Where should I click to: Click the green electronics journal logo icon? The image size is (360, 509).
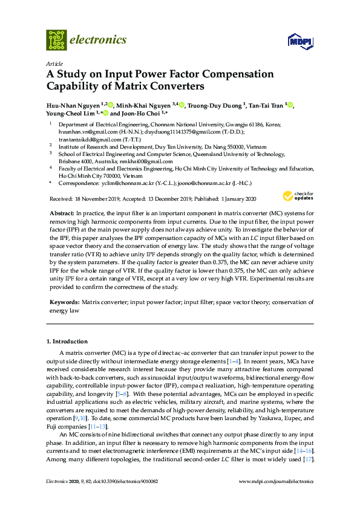point(56,41)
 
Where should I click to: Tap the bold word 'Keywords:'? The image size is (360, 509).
point(64,300)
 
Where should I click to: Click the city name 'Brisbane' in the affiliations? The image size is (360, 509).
point(70,161)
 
